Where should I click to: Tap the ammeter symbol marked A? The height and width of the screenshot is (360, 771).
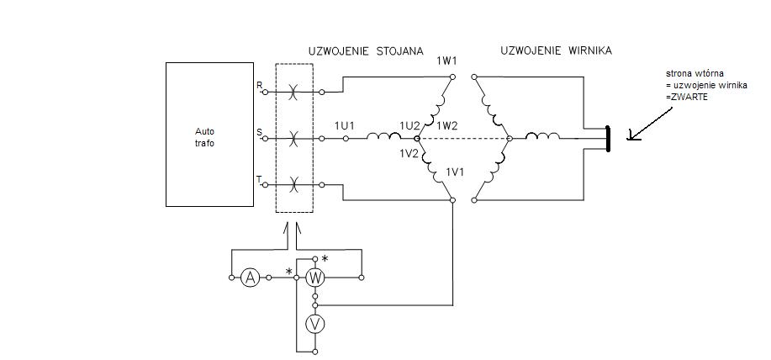pyautogui.click(x=249, y=277)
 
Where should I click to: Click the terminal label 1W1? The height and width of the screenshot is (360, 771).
pyautogui.click(x=447, y=61)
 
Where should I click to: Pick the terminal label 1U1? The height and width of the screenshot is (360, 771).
pyautogui.click(x=345, y=125)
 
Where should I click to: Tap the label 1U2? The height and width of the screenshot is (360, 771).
pyautogui.click(x=409, y=125)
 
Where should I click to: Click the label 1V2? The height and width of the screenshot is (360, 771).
pyautogui.click(x=409, y=154)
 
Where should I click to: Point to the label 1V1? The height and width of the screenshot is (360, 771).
pyautogui.click(x=456, y=172)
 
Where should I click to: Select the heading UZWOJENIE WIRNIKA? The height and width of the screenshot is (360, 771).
pyautogui.click(x=556, y=50)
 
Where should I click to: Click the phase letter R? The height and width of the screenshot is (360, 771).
pyautogui.click(x=259, y=85)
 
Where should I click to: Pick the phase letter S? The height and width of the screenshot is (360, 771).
pyautogui.click(x=259, y=131)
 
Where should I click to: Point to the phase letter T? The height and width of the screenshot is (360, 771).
pyautogui.click(x=259, y=178)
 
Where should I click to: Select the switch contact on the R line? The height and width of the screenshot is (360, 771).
pyautogui.click(x=293, y=91)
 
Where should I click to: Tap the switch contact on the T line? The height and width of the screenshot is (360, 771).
pyautogui.click(x=293, y=183)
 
